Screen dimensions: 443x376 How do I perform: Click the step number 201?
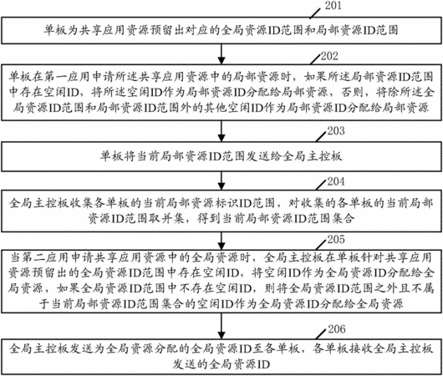334,5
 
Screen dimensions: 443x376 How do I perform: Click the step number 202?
329,56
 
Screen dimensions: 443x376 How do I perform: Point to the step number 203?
336,131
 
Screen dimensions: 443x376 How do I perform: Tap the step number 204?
336,181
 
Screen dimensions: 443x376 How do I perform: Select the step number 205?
336,239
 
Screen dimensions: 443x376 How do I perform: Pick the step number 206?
337,329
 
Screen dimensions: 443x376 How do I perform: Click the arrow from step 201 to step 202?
221,54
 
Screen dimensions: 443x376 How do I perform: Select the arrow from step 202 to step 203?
221,131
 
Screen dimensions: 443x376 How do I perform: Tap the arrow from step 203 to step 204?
221,180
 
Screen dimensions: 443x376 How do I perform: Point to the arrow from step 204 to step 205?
221,241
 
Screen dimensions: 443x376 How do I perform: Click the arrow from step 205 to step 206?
221,326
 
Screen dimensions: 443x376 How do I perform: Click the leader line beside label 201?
315,13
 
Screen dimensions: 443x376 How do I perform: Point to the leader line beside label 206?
321,334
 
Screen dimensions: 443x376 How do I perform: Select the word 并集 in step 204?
172,218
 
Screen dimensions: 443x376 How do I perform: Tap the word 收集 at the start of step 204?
81,203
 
